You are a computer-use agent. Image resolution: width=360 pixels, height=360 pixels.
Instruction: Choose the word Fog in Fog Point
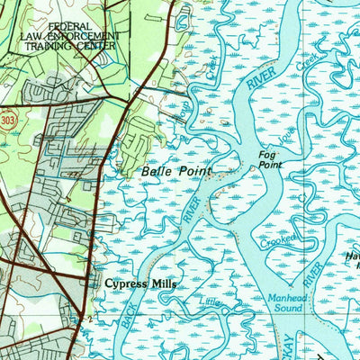coord(267,155)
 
